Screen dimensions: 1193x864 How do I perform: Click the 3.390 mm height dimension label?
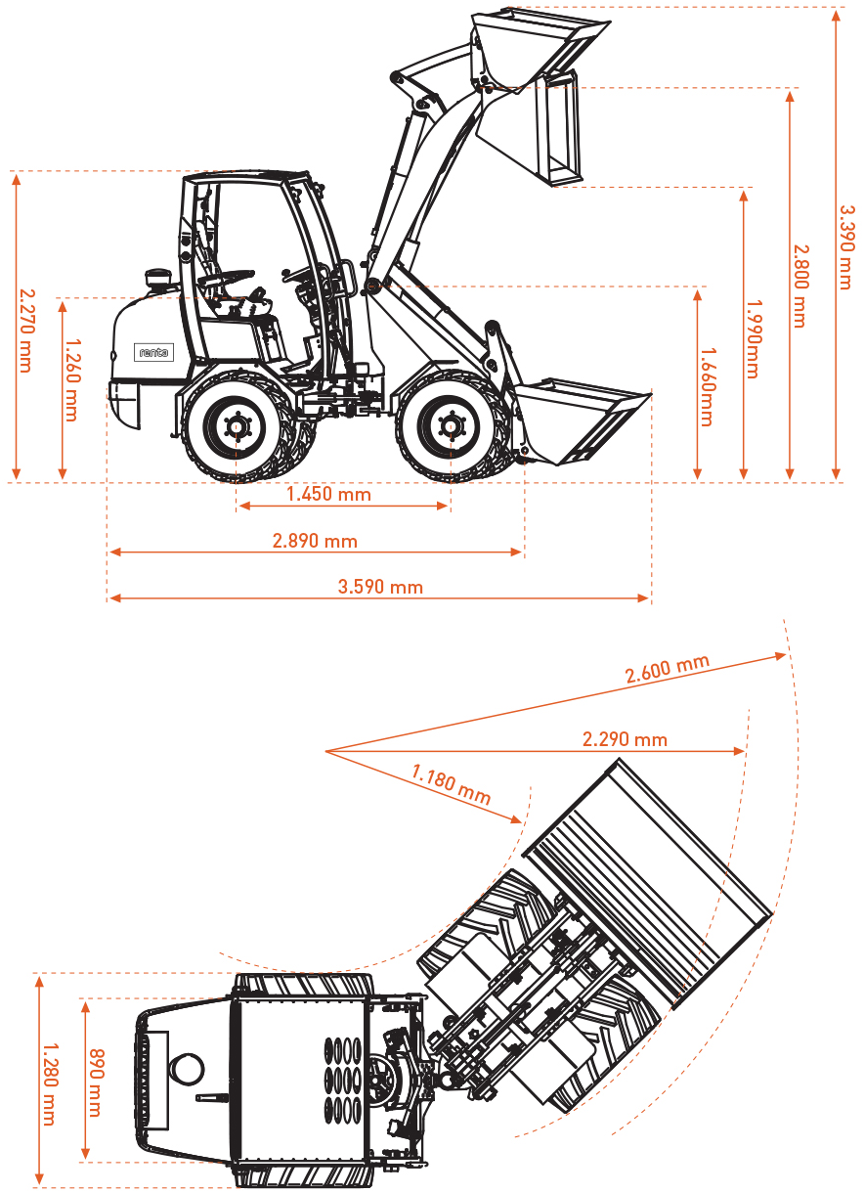pos(846,246)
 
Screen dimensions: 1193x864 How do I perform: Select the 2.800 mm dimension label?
pos(800,286)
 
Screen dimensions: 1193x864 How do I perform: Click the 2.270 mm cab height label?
pos(26,331)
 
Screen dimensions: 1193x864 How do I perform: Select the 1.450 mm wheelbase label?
pos(328,494)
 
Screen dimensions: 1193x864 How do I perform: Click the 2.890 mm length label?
pos(315,541)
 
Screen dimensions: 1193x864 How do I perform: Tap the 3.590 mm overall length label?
pos(380,587)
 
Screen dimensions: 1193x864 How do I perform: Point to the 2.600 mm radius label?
pos(668,670)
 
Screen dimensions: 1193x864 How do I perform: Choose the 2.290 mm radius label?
pos(625,739)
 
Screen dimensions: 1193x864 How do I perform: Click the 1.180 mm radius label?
pos(451,785)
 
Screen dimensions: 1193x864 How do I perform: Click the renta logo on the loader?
pos(154,353)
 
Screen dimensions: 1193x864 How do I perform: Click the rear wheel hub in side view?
pos(236,426)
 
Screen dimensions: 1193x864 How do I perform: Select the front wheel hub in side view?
pos(450,426)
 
